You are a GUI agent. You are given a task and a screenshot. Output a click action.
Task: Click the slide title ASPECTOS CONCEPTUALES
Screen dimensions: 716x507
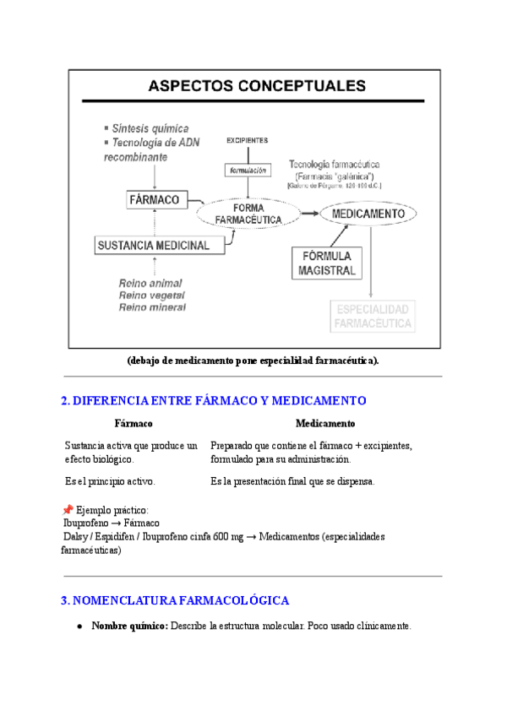click(x=257, y=85)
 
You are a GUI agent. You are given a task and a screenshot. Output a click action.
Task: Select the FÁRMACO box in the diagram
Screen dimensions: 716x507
click(x=154, y=200)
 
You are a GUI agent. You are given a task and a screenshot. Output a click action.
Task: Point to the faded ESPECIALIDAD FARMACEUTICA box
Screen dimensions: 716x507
click(x=373, y=316)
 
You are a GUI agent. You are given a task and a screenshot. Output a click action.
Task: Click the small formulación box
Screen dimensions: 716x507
click(x=247, y=170)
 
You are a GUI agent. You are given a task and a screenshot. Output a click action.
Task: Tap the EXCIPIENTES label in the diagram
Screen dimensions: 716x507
click(x=247, y=140)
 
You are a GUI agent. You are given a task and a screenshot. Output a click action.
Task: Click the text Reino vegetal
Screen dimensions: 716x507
click(x=153, y=296)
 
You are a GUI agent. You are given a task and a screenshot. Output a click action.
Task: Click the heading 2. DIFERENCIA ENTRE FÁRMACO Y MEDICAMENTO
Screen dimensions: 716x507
click(x=213, y=400)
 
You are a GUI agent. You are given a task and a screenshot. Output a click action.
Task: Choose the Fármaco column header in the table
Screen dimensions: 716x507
click(x=134, y=423)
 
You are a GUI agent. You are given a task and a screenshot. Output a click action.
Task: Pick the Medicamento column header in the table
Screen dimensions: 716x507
click(x=325, y=423)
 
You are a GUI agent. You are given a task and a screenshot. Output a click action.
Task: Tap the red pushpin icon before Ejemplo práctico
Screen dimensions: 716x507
click(x=68, y=510)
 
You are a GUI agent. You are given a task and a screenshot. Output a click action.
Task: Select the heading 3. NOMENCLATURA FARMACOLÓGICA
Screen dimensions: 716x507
click(x=175, y=600)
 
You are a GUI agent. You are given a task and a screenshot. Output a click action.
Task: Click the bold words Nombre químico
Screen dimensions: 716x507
click(x=129, y=626)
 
